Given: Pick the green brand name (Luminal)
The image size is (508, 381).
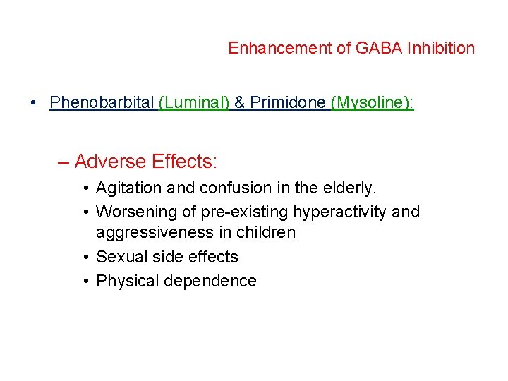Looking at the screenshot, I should click(194, 103).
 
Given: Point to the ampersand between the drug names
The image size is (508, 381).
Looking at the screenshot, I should click(240, 103).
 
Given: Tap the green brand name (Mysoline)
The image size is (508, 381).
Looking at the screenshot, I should click(372, 103).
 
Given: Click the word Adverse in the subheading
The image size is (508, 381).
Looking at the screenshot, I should click(110, 162).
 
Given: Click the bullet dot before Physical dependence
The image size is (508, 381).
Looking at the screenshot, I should click(84, 282).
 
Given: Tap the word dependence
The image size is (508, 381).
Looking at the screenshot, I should click(210, 281).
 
